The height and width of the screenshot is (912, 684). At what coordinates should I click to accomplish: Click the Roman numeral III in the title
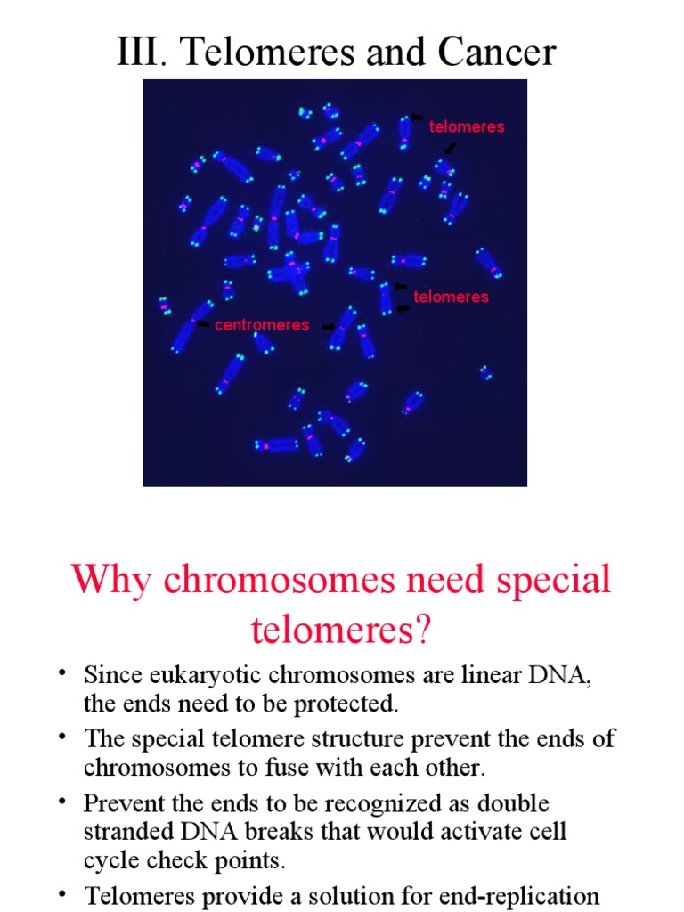(136, 53)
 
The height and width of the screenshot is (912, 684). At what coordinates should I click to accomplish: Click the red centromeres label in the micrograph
(262, 325)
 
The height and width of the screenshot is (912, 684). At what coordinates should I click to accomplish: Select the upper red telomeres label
(467, 126)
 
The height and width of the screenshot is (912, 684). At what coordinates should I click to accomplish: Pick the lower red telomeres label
(452, 297)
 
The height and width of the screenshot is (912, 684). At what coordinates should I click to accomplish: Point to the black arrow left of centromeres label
(203, 324)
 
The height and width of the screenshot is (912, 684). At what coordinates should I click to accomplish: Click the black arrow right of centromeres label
(329, 327)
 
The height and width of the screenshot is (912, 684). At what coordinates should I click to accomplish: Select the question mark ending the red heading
(421, 631)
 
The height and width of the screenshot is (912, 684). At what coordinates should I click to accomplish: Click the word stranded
(129, 832)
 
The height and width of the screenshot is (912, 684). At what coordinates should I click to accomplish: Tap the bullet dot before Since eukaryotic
(64, 672)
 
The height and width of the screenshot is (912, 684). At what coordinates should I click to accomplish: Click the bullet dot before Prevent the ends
(64, 800)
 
